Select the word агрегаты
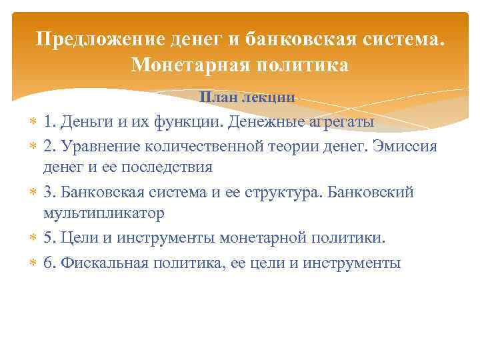tap(337, 122)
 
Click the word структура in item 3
tap(277, 193)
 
